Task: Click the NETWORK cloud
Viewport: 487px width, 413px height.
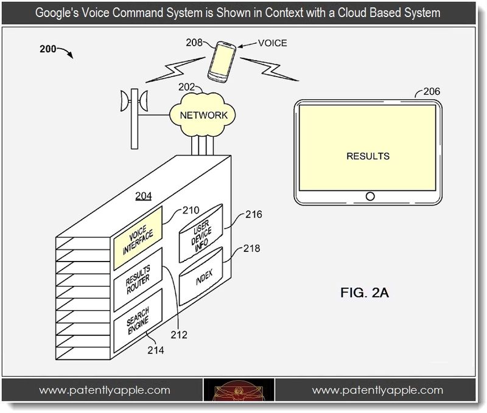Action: (x=203, y=115)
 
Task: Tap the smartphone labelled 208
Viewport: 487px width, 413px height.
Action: (x=222, y=62)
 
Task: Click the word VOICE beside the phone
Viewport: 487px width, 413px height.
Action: (x=272, y=43)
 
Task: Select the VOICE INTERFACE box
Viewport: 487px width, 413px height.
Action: (x=138, y=238)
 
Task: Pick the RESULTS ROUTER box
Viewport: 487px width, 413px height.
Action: (x=138, y=280)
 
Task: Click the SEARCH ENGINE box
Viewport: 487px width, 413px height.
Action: (x=138, y=321)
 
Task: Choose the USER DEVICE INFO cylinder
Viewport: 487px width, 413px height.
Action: (x=201, y=234)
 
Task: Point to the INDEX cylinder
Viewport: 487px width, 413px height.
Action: (x=201, y=276)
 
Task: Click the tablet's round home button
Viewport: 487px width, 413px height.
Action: (x=370, y=196)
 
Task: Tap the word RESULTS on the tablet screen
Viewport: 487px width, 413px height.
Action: (x=368, y=156)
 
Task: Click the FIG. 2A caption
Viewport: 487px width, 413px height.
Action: (x=364, y=293)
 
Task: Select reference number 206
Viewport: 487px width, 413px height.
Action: (x=432, y=91)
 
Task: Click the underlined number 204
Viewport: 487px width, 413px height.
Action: (x=144, y=196)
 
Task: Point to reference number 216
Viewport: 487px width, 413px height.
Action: (x=254, y=214)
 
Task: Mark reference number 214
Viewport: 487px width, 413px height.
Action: (x=156, y=350)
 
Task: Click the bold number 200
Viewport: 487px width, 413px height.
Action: (x=48, y=49)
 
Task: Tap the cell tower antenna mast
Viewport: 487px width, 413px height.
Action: (x=134, y=119)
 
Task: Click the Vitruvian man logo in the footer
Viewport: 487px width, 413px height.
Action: (x=239, y=390)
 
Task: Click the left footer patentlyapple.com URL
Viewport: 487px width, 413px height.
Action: (x=104, y=390)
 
